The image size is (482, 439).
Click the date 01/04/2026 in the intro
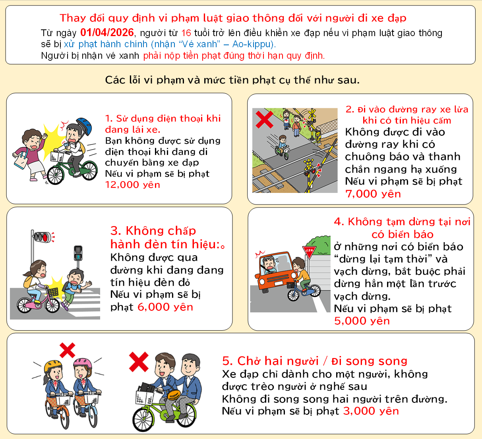[107, 33]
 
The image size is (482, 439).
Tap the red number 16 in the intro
[186, 33]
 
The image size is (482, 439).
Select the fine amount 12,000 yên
[133, 185]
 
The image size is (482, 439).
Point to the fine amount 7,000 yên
[373, 194]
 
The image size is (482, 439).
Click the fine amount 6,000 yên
[165, 307]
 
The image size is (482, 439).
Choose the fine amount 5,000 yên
[362, 321]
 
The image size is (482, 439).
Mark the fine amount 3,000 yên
[371, 411]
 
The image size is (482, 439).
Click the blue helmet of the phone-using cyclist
[84, 125]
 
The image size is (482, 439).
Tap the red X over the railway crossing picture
[264, 119]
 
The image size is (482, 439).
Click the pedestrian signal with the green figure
[78, 253]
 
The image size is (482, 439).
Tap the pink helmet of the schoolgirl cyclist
[83, 363]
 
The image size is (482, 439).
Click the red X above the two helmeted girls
[67, 350]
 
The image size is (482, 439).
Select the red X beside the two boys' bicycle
[139, 362]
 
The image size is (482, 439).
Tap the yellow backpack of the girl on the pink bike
[29, 281]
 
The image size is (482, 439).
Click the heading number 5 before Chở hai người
[226, 361]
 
